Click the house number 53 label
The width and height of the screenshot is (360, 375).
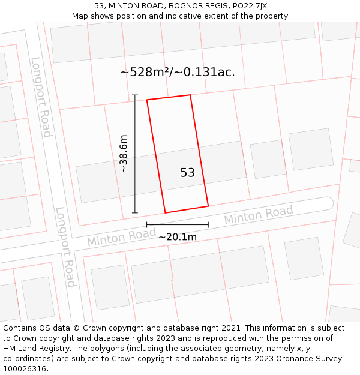pyautogui.click(x=187, y=173)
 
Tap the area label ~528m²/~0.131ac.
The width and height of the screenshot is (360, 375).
pyautogui.click(x=178, y=72)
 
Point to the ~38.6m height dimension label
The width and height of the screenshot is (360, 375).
pyautogui.click(x=124, y=154)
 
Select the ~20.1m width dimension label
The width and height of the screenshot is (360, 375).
pyautogui.click(x=177, y=237)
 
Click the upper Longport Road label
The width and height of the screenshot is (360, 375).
pyautogui.click(x=41, y=97)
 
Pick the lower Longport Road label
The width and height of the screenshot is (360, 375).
pyautogui.click(x=65, y=247)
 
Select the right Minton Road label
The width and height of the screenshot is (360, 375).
pyautogui.click(x=259, y=214)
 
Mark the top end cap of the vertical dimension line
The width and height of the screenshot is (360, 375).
pyautogui.click(x=135, y=95)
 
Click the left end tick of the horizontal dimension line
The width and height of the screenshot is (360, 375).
pyautogui.click(x=146, y=225)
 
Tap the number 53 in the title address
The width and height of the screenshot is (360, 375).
pyautogui.click(x=100, y=6)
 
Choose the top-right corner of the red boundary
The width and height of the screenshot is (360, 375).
pyautogui.click(x=190, y=95)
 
